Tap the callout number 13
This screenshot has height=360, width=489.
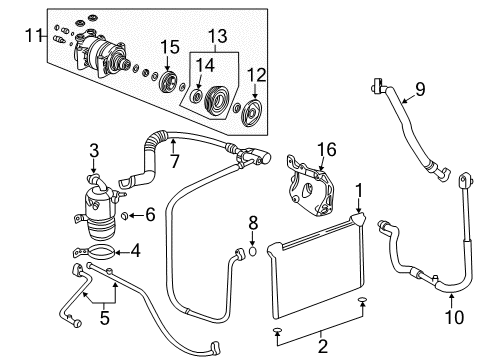point(217,36)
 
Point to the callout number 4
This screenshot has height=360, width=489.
point(136,251)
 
